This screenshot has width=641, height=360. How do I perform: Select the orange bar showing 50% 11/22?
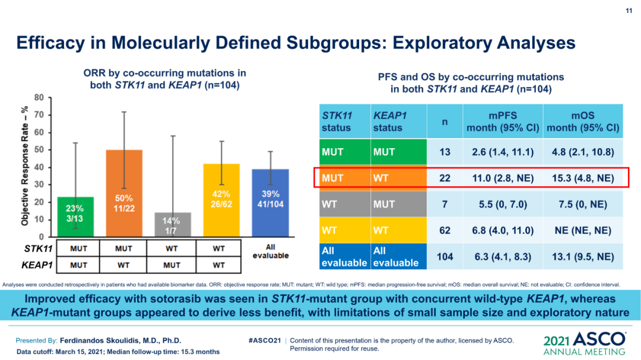point(123,193)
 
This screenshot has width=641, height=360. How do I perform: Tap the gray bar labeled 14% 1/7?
point(172,224)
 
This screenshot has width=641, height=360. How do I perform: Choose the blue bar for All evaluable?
point(270,202)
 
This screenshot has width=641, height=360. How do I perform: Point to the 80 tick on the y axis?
point(38,97)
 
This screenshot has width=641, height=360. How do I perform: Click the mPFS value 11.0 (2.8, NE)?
point(503,177)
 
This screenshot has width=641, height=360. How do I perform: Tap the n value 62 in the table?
point(445,230)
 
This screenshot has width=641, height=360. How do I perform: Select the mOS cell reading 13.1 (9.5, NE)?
point(583,256)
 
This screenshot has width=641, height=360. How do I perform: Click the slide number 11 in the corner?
point(629,11)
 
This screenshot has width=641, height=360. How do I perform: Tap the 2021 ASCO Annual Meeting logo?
point(585,343)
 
